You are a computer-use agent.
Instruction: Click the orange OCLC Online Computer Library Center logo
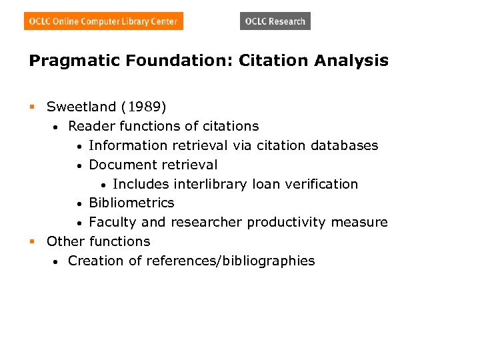[103, 21]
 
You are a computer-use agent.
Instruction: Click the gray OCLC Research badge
[275, 21]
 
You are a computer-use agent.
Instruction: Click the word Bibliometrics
[131, 203]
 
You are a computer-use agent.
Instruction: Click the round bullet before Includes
[104, 185]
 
